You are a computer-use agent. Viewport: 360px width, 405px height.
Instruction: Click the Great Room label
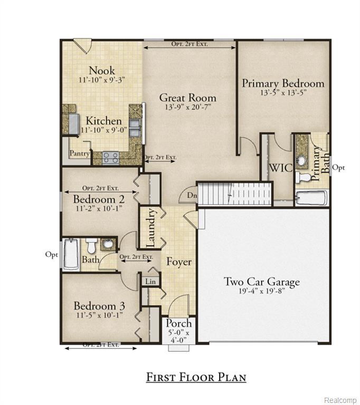click(x=187, y=98)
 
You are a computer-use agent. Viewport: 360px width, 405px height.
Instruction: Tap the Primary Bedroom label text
click(x=283, y=83)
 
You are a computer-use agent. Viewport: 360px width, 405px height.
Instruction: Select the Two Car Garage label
click(x=261, y=282)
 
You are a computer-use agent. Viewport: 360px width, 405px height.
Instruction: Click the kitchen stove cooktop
click(x=111, y=156)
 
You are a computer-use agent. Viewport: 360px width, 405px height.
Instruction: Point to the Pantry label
click(x=79, y=153)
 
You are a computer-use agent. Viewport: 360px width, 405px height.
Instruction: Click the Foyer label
click(x=179, y=262)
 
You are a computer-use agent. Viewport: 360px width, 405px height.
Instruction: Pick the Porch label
click(x=179, y=323)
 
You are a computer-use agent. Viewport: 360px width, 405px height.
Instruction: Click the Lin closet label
click(x=151, y=282)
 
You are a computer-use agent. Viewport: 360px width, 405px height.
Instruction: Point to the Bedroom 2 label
click(x=99, y=199)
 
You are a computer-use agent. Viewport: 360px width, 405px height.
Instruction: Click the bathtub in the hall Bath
click(x=70, y=255)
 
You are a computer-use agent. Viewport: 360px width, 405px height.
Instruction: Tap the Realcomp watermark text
click(x=340, y=399)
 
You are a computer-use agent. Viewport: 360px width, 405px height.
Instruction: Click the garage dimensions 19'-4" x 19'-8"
click(x=261, y=292)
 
